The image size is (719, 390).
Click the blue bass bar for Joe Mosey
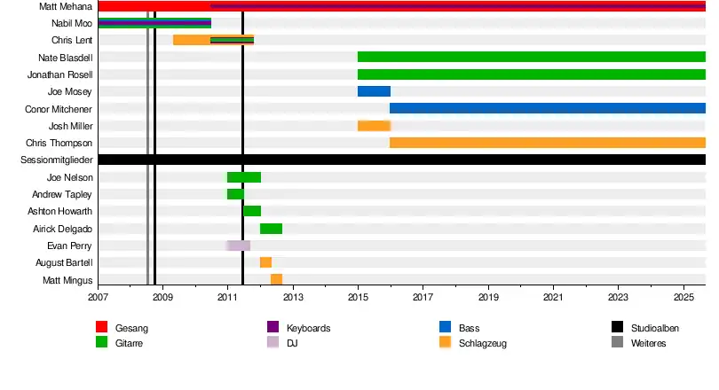coord(374,91)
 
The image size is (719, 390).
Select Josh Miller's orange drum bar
coord(374,126)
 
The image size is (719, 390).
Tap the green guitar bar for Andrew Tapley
coord(235,194)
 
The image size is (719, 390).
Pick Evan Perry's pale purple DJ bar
coord(238,246)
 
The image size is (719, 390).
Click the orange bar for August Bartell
coord(265,262)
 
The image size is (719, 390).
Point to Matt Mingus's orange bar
coord(276,279)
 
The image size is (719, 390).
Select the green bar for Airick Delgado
coord(271,229)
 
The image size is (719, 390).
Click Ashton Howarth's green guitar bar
coord(252,211)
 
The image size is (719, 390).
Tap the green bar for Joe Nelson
coord(244,177)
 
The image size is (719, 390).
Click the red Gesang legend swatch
coord(101,328)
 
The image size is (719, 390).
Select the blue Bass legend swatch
coord(445,328)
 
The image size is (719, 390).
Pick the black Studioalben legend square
coord(617,328)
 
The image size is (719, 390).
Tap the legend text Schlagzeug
coord(483,343)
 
